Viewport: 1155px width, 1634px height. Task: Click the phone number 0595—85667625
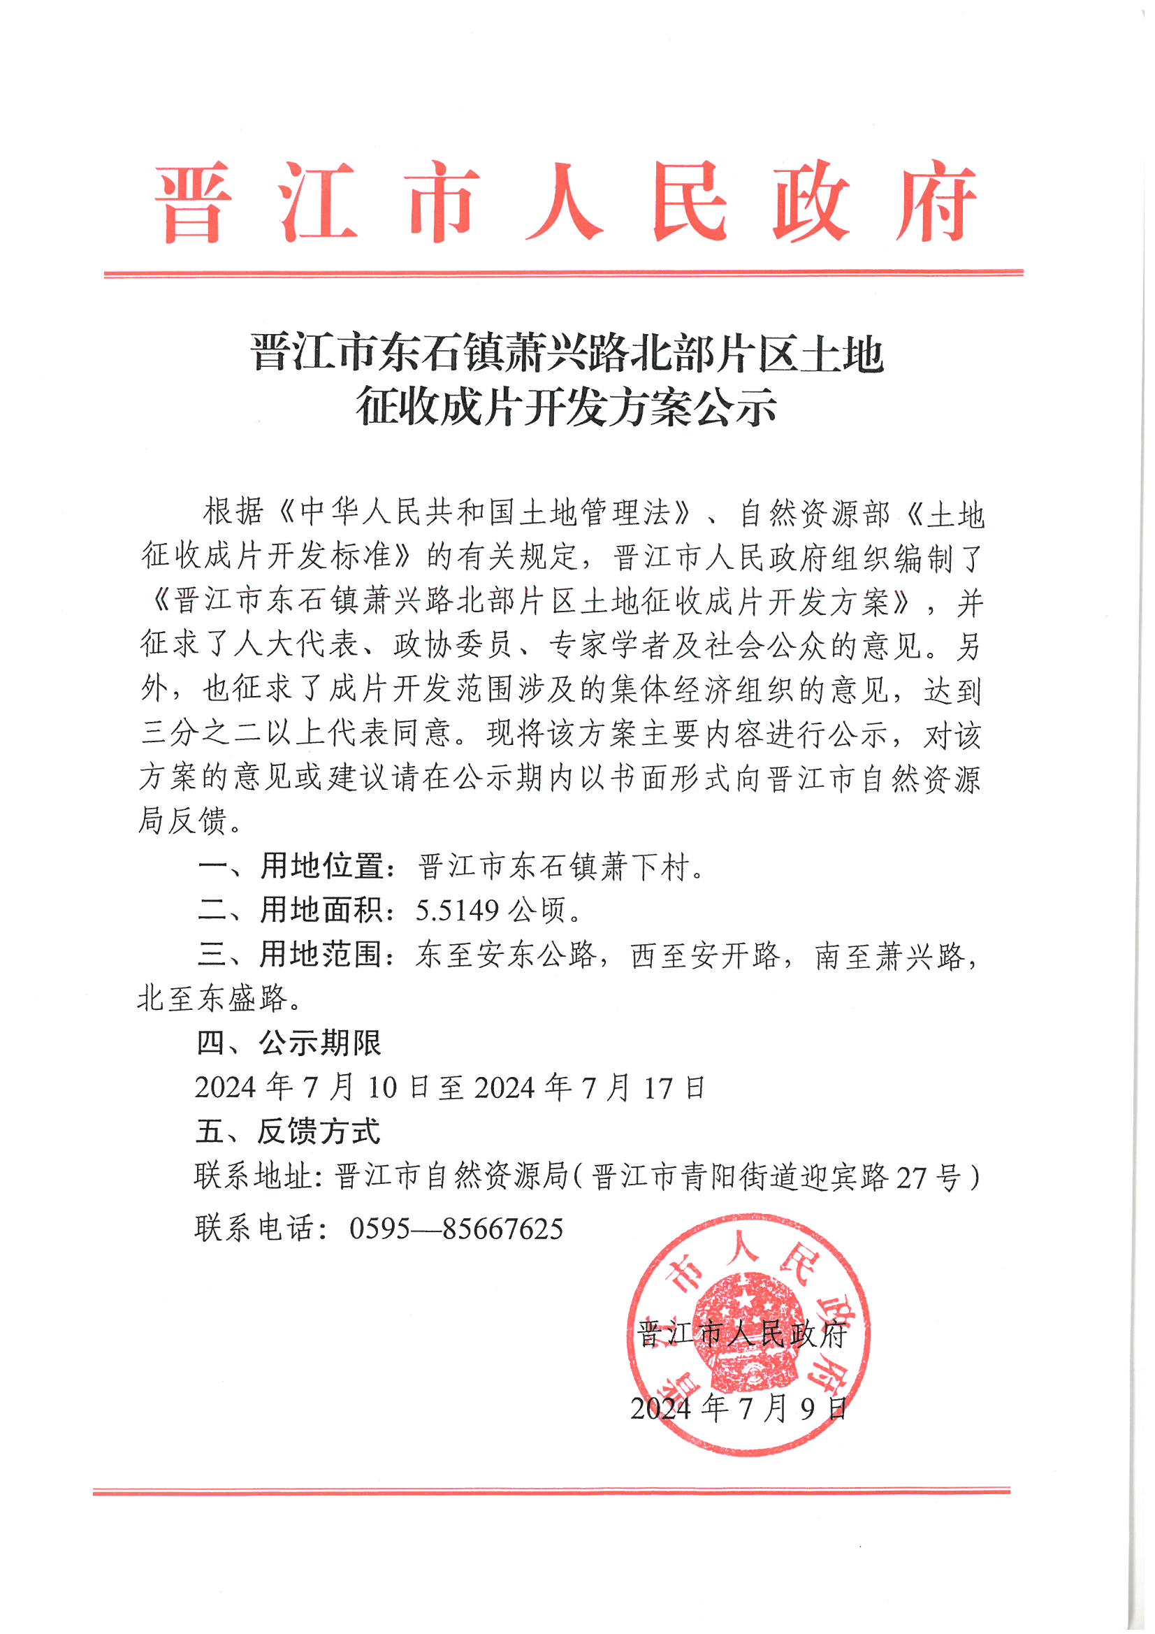[x=456, y=1229]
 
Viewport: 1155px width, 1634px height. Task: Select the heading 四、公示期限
[x=289, y=1043]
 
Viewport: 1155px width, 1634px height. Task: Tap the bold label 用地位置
[x=321, y=866]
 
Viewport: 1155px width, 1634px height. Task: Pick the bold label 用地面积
[x=321, y=910]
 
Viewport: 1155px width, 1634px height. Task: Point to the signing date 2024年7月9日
[x=739, y=1408]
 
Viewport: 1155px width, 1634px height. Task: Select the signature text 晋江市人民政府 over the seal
[x=741, y=1334]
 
